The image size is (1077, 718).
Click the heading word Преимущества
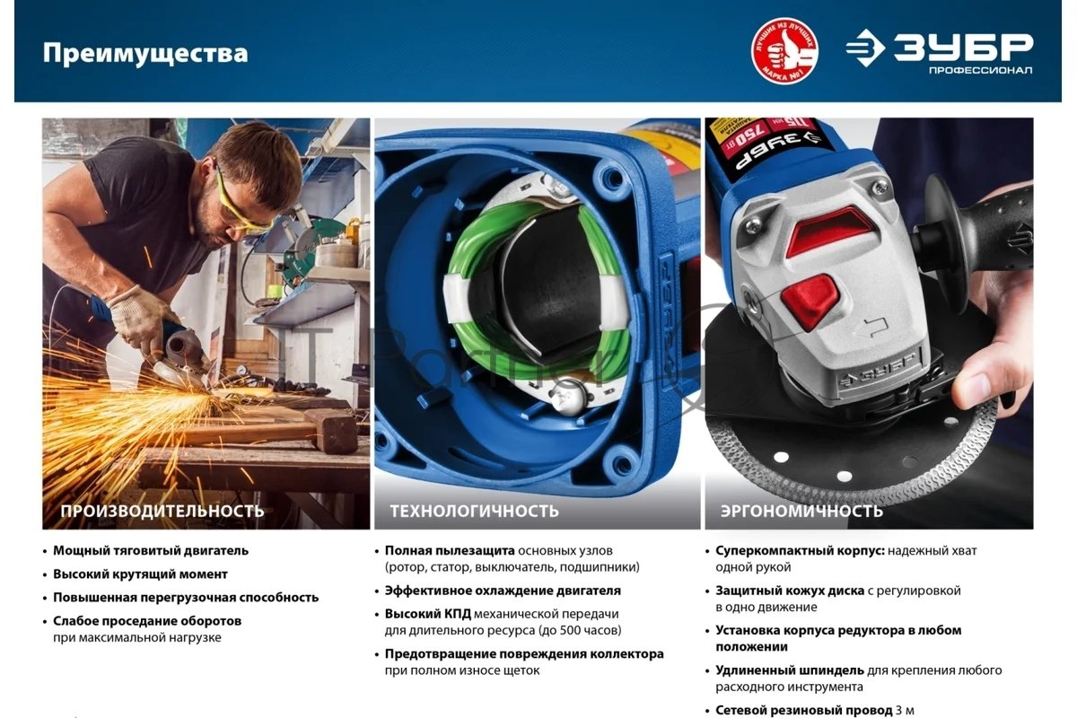[x=145, y=53]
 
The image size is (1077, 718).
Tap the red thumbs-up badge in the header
[x=784, y=50]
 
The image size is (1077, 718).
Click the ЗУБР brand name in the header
[x=963, y=47]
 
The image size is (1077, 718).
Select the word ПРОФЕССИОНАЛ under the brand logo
[x=981, y=71]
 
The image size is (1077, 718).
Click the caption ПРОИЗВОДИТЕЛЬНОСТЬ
[x=162, y=511]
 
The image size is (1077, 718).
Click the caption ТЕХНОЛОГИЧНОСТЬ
[x=474, y=511]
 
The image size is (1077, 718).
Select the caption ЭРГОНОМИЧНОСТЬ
[x=801, y=511]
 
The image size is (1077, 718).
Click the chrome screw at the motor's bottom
[x=567, y=398]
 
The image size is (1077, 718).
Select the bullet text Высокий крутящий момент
[x=140, y=574]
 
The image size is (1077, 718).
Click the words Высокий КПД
[x=427, y=614]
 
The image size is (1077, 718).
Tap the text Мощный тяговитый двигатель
[x=151, y=551]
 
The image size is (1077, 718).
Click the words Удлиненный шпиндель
[x=790, y=670]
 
